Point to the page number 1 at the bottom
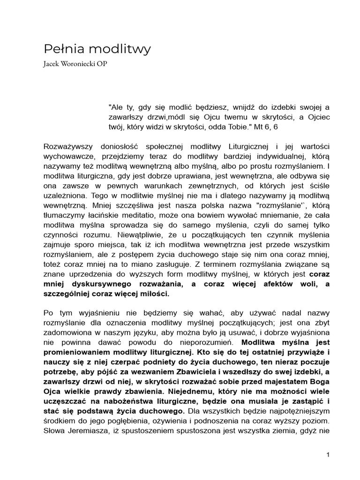pos(329,455)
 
